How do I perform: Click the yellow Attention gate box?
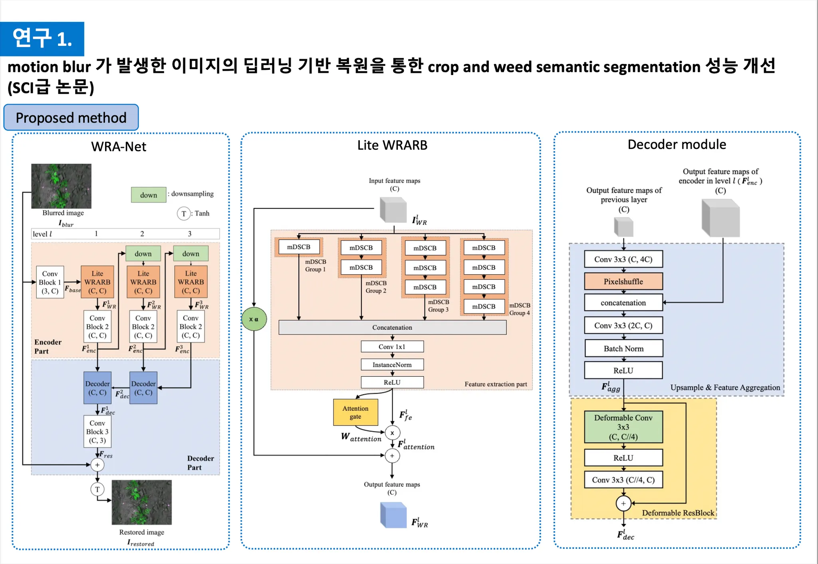coord(355,412)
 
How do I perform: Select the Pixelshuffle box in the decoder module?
coord(623,281)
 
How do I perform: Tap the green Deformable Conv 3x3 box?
coord(623,427)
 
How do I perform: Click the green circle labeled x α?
coord(254,319)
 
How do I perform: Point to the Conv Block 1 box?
coord(50,282)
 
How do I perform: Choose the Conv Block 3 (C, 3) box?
coord(97,431)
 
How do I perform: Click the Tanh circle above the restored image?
coord(97,489)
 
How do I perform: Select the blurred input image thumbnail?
coord(62,186)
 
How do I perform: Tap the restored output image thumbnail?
coord(142,502)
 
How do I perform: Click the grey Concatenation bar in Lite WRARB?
coord(392,327)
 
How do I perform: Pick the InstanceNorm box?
coord(392,364)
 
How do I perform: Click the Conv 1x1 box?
coord(392,346)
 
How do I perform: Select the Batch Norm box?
coord(623,348)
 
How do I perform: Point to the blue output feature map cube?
coord(393,515)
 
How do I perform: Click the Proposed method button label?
coord(71,118)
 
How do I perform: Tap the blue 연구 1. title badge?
coord(42,39)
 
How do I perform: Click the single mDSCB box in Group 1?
coord(299,247)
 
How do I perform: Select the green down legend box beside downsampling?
coord(149,195)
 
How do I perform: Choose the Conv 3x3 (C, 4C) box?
coord(623,259)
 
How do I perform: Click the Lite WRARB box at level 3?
coord(191,282)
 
